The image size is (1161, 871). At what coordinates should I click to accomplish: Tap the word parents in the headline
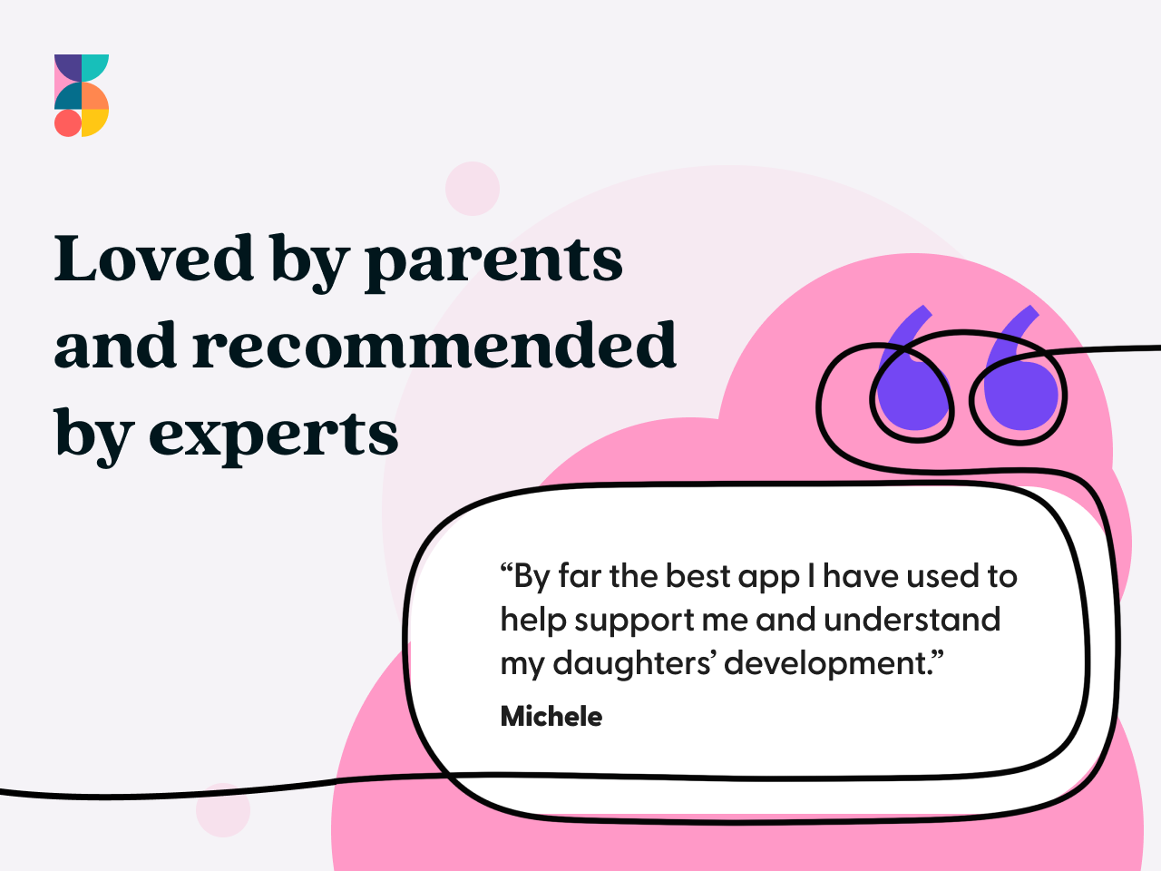click(x=494, y=264)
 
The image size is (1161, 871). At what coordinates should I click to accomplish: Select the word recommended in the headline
click(x=434, y=344)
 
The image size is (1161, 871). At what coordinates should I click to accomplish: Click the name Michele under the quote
click(x=551, y=717)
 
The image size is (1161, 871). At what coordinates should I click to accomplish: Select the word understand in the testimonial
click(x=912, y=620)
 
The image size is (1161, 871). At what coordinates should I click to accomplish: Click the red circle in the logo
click(x=68, y=123)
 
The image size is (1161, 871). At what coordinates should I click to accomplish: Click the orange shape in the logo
click(x=94, y=96)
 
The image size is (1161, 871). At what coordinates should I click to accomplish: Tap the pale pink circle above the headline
click(x=473, y=189)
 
